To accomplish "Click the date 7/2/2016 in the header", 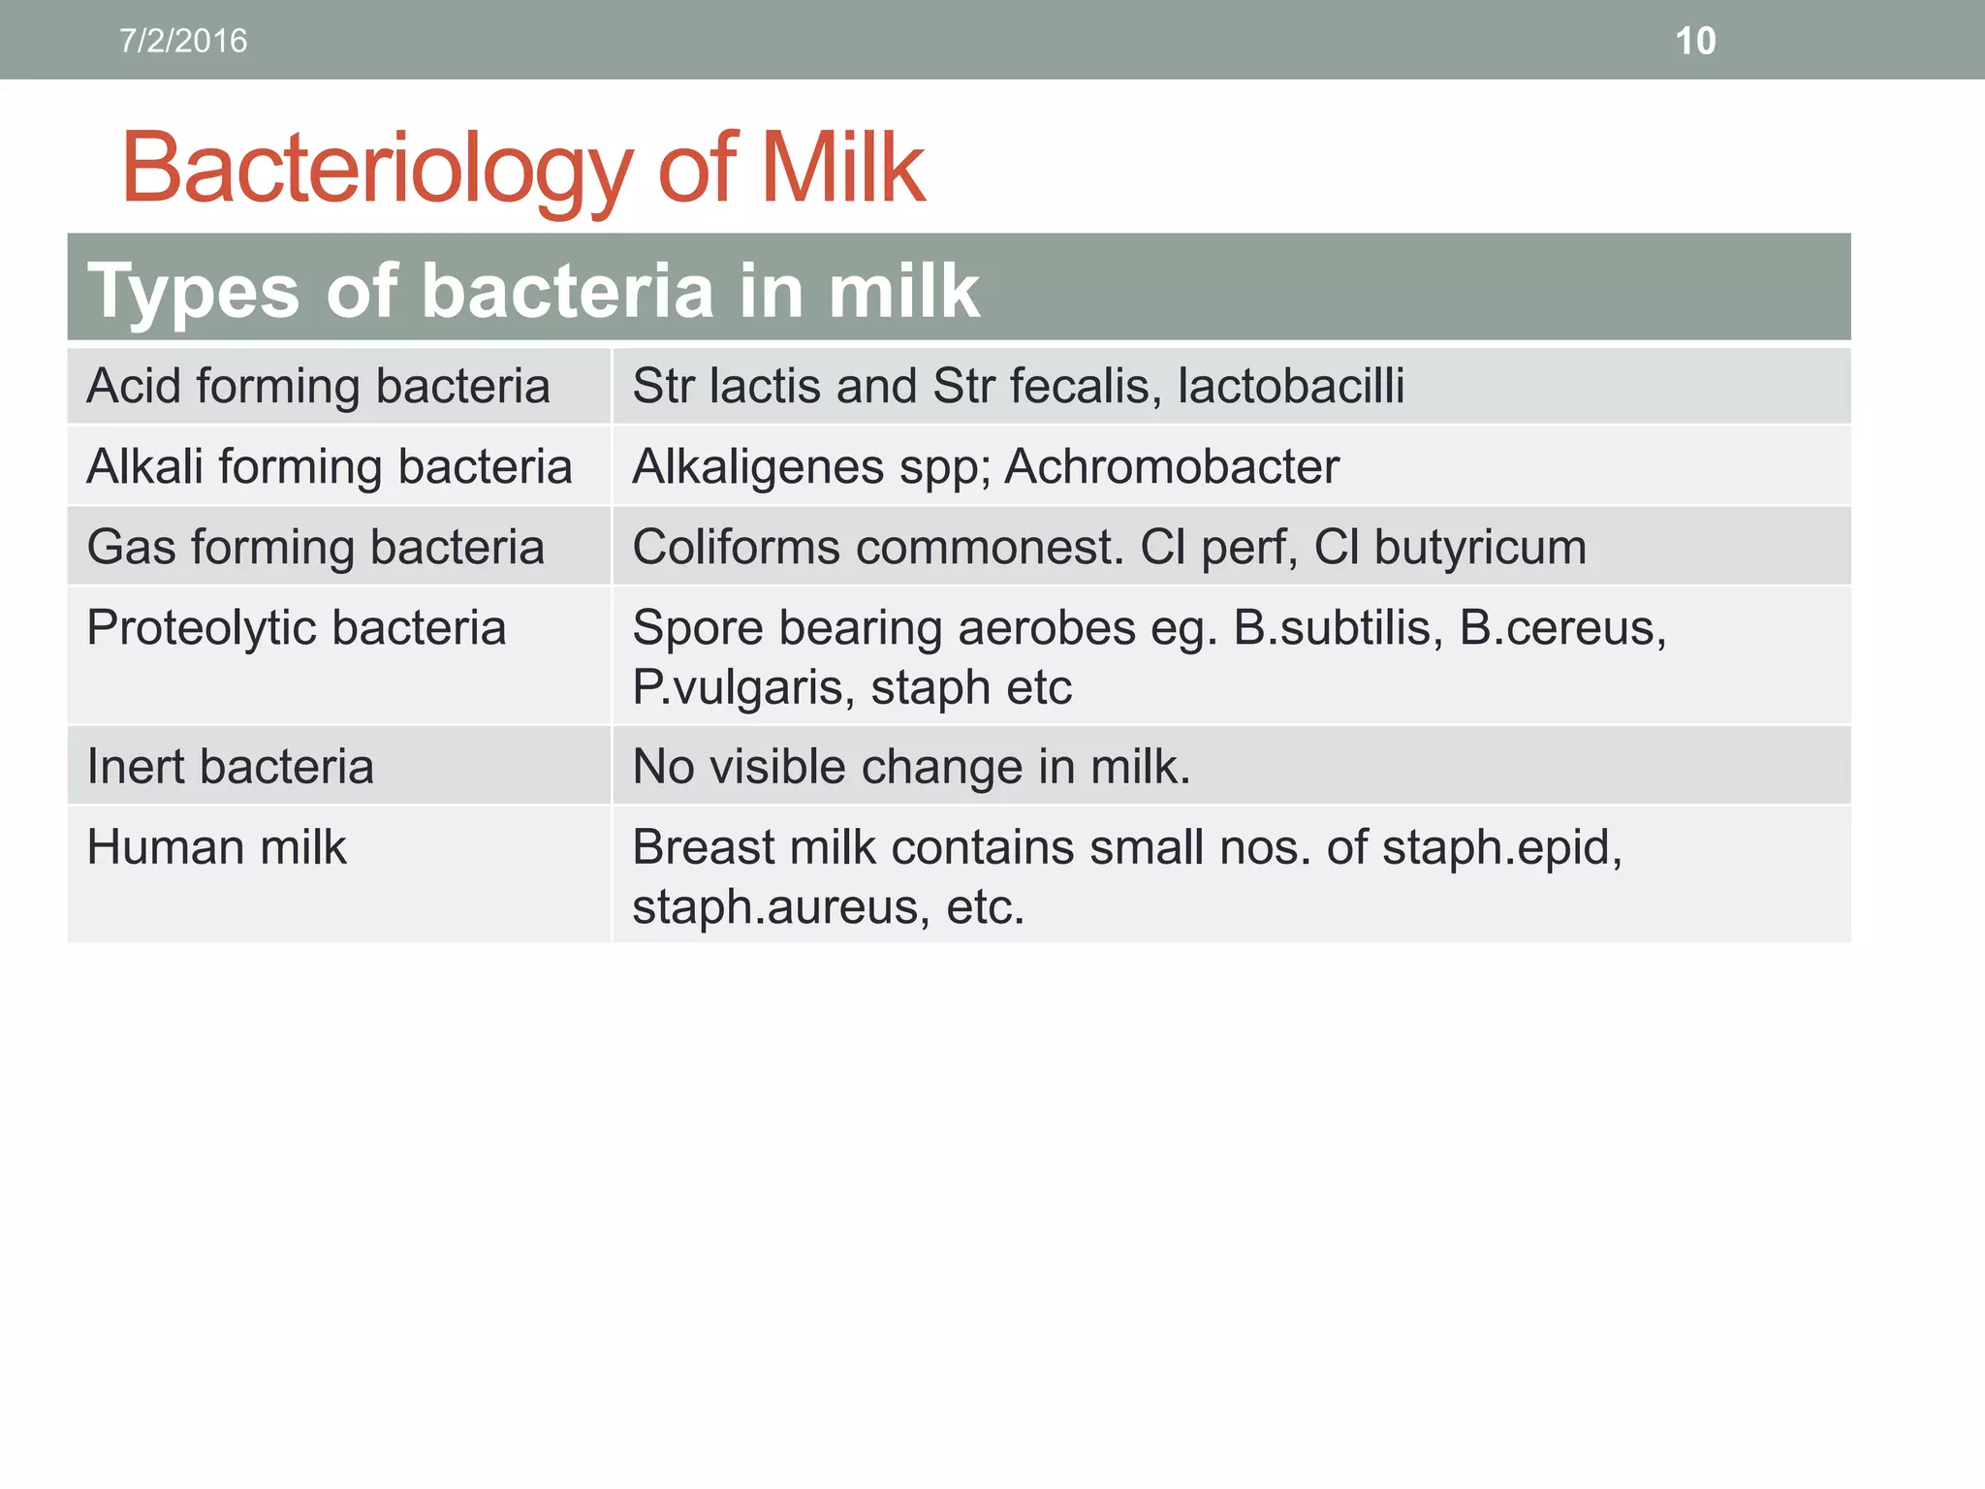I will point(183,41).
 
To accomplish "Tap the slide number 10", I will point(1695,41).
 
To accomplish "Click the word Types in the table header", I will point(193,291).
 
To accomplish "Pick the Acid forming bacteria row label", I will point(318,386).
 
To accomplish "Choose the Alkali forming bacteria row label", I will point(330,466).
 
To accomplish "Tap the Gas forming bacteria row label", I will point(315,547).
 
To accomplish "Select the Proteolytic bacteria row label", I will point(296,627).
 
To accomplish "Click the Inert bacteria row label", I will point(230,767).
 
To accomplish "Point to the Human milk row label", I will point(216,847).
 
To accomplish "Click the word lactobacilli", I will point(1290,386).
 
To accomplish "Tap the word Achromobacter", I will point(1172,466).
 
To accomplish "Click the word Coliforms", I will point(736,547).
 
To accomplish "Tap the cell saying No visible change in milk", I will point(911,767).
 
